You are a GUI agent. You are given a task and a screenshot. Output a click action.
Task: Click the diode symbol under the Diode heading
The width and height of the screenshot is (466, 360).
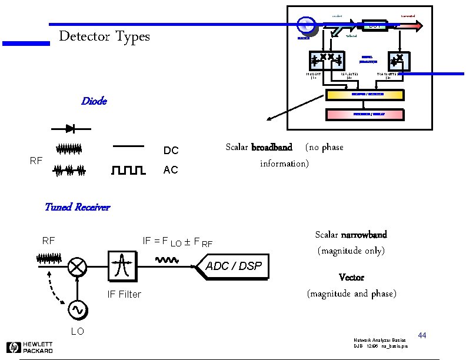point(70,128)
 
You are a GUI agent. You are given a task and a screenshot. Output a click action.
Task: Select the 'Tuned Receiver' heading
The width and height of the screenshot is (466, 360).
point(77,207)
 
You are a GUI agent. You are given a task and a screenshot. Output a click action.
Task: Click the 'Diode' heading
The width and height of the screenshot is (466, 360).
point(94,101)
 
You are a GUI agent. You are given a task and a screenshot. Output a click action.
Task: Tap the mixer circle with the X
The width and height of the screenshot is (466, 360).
point(76,266)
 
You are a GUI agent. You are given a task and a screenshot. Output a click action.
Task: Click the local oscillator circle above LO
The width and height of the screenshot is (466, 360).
point(77,309)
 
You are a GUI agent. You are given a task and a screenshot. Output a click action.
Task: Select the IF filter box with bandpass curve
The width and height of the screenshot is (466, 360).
point(122,266)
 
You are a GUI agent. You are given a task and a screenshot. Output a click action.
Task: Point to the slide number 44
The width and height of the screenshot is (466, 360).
point(421,335)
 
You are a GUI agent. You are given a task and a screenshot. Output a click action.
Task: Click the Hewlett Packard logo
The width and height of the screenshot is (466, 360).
point(29,347)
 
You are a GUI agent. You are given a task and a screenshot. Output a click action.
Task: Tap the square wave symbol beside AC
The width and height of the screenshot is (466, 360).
point(128,171)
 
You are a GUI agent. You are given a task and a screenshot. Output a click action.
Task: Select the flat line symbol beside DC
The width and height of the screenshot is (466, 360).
point(128,146)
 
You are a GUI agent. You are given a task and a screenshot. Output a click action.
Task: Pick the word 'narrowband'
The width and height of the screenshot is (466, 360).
point(364,235)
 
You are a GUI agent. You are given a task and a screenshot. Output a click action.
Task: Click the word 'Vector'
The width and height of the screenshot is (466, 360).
point(351,277)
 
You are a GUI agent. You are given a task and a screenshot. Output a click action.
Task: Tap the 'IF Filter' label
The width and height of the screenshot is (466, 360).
point(124,294)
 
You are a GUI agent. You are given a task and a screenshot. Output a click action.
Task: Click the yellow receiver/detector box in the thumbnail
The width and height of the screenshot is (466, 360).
point(365,95)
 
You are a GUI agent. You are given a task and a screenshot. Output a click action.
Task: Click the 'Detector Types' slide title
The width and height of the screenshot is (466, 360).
point(104,36)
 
